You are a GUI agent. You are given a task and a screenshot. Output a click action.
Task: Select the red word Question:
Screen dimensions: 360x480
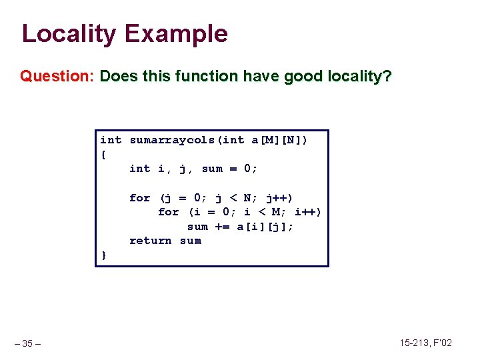tap(57, 76)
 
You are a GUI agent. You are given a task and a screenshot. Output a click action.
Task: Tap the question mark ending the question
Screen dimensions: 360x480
tap(387, 76)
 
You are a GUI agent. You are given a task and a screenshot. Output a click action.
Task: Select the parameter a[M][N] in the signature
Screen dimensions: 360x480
tap(277, 140)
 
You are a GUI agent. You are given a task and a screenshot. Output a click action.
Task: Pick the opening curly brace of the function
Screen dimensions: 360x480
tap(103, 155)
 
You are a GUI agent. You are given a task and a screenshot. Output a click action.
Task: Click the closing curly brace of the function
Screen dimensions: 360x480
tap(103, 255)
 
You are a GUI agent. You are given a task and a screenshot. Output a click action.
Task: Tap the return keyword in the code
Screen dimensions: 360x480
tap(151, 241)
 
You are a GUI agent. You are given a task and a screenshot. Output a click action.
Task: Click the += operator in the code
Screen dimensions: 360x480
tap(223, 227)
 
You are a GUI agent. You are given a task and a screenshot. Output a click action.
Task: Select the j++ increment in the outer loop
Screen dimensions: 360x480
tap(277, 198)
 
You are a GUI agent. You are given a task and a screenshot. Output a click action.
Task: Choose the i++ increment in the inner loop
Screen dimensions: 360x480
tap(306, 212)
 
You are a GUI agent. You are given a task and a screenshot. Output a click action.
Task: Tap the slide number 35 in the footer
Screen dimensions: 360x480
tap(27, 344)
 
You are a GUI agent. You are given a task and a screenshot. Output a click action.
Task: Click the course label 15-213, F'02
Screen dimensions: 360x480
tap(425, 343)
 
